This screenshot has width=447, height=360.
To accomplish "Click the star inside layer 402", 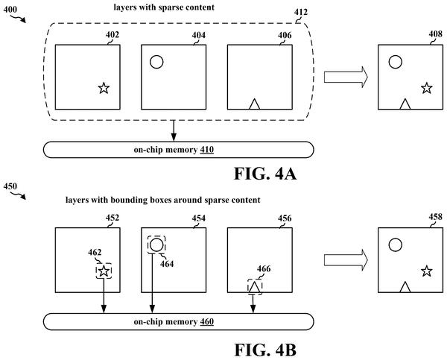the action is pos(104,88).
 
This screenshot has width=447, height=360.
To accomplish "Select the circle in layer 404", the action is pos(156,56).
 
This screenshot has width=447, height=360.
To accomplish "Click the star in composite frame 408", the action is pos(427,88).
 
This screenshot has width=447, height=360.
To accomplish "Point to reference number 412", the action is pos(301,12).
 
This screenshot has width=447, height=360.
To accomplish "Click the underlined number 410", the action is pos(207,150).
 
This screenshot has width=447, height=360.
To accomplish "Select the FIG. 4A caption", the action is pos(265,173).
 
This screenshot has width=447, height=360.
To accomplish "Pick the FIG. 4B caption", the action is pos(265,350).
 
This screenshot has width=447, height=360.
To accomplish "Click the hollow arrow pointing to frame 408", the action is pos(346,77).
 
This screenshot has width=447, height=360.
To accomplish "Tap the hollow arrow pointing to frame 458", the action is pos(346,260).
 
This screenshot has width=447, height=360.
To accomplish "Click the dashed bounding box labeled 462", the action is pos(96,271).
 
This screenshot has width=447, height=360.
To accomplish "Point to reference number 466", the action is pos(264,269).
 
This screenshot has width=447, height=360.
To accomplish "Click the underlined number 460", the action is pos(207,322).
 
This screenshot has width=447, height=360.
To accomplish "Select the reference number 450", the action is pos(10,186).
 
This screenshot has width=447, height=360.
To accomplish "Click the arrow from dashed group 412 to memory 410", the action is pos(174,130).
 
